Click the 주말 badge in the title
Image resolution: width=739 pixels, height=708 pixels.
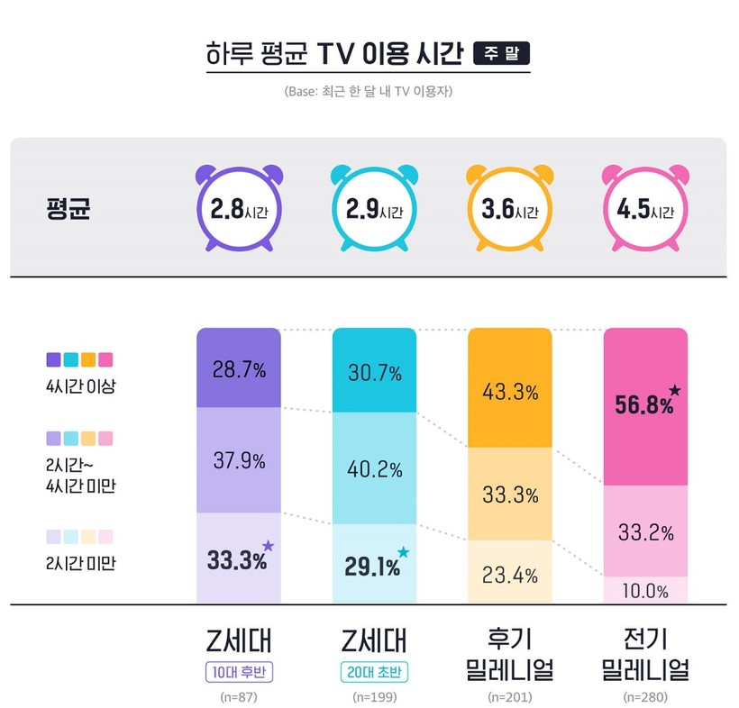[501, 53]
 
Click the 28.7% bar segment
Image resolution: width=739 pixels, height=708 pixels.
[239, 368]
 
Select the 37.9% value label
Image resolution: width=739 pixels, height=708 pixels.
[239, 460]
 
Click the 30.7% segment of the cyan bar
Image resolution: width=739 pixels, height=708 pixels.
[374, 371]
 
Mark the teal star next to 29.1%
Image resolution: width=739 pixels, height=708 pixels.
[403, 552]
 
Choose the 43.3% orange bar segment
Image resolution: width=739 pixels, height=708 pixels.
[510, 392]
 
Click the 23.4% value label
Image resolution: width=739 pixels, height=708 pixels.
[510, 574]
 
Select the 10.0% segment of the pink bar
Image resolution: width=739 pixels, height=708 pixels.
[645, 591]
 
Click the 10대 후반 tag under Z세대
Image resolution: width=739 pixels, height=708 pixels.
[239, 672]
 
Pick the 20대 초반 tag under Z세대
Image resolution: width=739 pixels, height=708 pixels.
[374, 672]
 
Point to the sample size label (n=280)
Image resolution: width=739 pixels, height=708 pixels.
[645, 697]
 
